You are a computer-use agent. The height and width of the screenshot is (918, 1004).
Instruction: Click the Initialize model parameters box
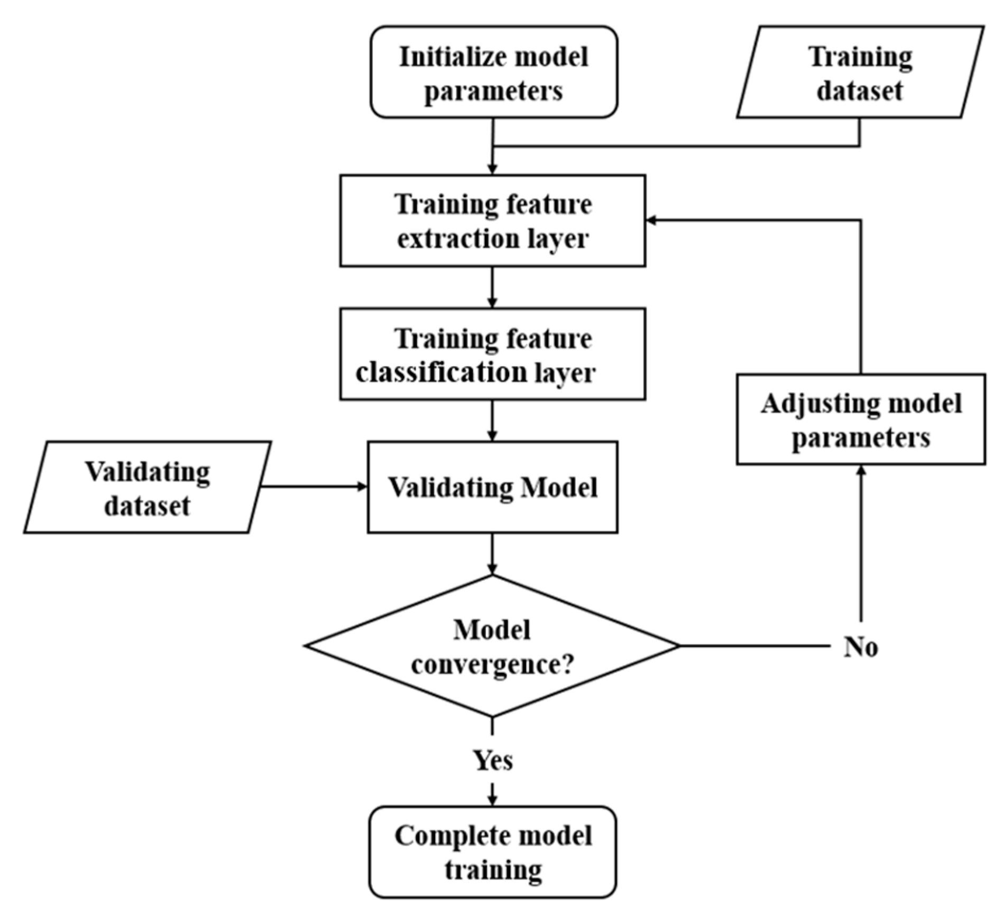(493, 72)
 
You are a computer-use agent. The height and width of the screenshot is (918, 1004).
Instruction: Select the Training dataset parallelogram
(860, 72)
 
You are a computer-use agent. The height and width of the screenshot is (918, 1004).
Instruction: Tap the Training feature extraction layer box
(492, 221)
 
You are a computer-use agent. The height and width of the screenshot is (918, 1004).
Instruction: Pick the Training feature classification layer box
(492, 354)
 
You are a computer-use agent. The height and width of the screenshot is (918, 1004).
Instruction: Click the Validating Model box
(492, 487)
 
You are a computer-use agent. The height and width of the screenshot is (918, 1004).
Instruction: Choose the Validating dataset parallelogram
(147, 487)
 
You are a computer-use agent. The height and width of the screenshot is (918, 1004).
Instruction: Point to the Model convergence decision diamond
(492, 645)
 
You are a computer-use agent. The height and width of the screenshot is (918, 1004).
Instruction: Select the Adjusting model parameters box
(861, 420)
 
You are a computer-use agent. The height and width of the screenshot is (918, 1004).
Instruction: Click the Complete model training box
(492, 851)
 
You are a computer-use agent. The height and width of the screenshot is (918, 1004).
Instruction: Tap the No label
(861, 647)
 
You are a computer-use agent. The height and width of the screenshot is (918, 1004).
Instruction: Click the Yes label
(492, 761)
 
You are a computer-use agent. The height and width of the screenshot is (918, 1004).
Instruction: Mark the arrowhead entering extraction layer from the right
(652, 221)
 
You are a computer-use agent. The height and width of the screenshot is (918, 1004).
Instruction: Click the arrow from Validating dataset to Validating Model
(312, 486)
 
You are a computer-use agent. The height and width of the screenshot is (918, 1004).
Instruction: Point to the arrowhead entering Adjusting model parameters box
(861, 471)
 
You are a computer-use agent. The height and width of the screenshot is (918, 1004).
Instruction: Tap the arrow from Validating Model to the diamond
(492, 554)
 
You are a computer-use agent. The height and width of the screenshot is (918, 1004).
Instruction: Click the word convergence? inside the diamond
(492, 664)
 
